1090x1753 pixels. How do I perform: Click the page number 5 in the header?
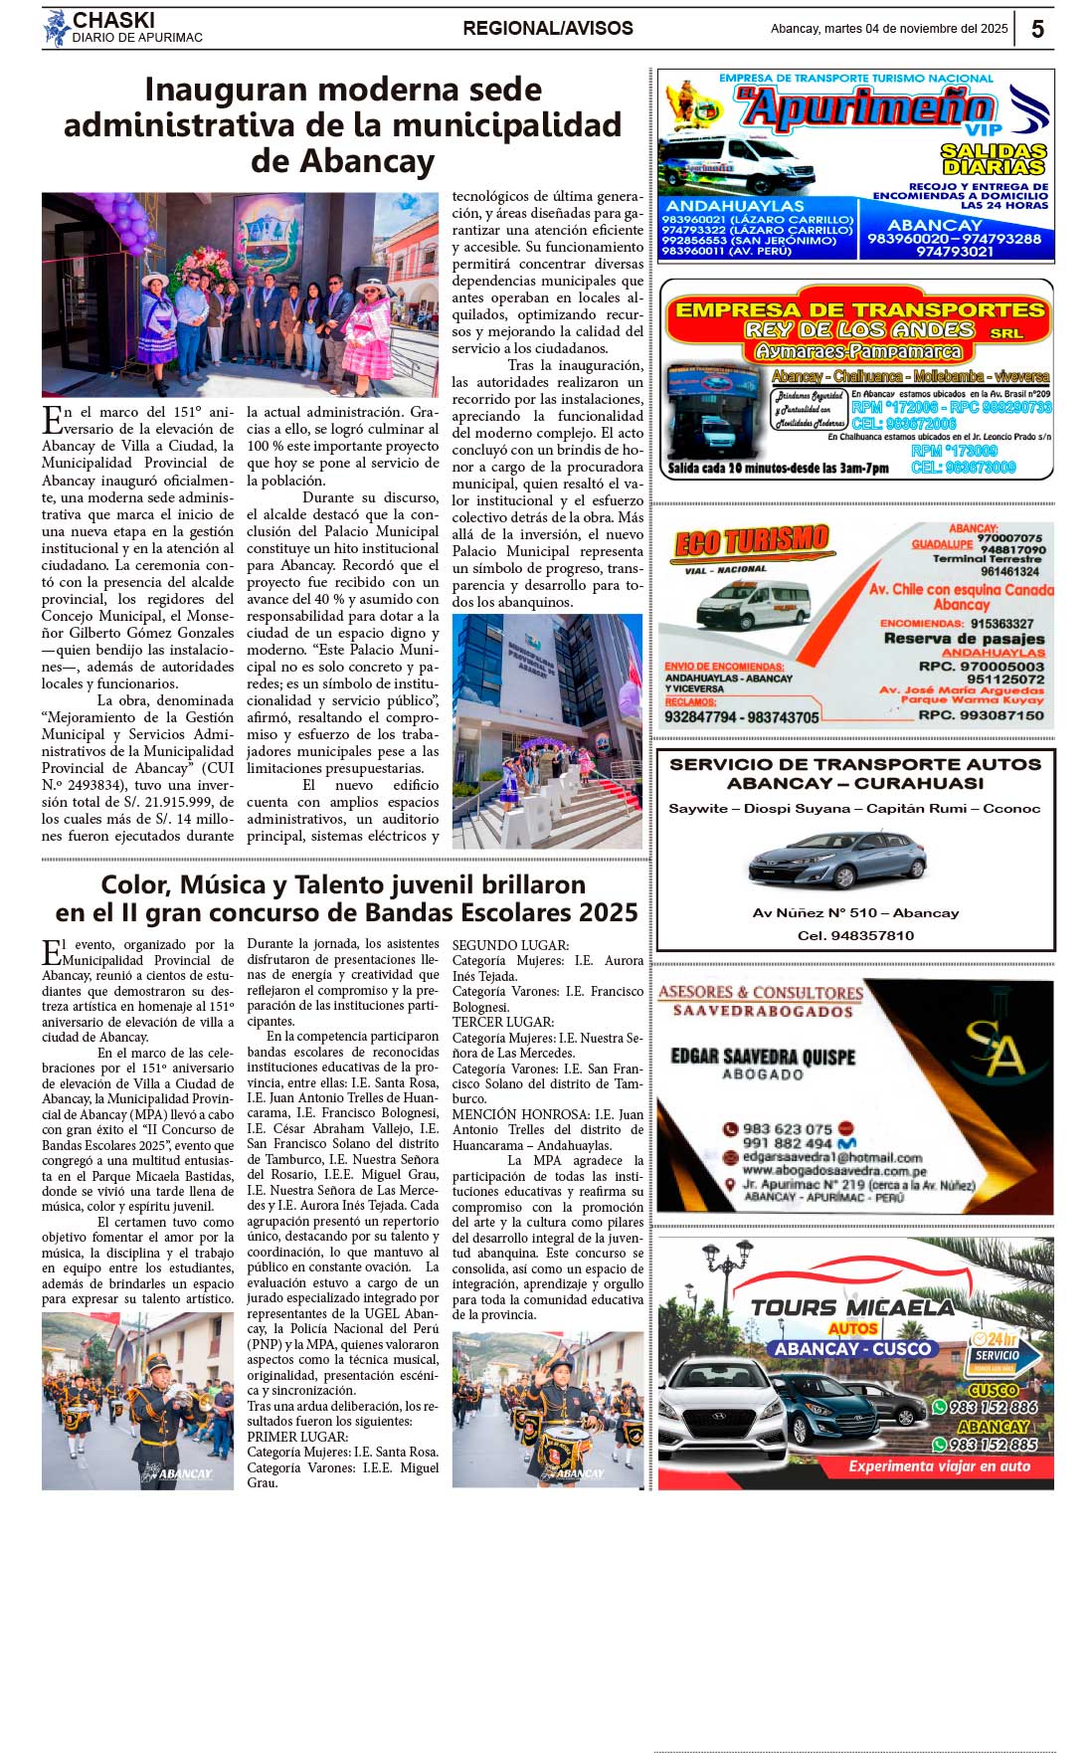tap(1037, 29)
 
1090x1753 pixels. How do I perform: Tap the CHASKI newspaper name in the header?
tap(113, 20)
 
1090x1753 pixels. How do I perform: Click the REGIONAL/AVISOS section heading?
tap(548, 28)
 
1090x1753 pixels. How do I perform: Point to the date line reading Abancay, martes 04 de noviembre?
tap(888, 29)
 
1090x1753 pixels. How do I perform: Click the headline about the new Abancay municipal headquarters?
tap(343, 124)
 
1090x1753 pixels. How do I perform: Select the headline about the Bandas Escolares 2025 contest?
tap(346, 898)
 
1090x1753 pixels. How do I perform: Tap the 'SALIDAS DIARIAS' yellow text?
tap(994, 158)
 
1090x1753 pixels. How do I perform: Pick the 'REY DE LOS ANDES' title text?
tap(859, 329)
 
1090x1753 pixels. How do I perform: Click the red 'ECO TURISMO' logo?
tap(752, 542)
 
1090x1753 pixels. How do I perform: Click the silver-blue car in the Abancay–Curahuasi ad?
tap(837, 859)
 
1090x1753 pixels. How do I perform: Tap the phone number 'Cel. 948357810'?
tap(855, 935)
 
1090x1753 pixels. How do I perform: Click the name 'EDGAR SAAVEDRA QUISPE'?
tap(763, 1056)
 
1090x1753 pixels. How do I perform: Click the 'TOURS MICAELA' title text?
tap(852, 1306)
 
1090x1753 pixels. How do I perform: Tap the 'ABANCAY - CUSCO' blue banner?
tap(852, 1349)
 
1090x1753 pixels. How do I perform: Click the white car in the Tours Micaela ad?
tap(723, 1408)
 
